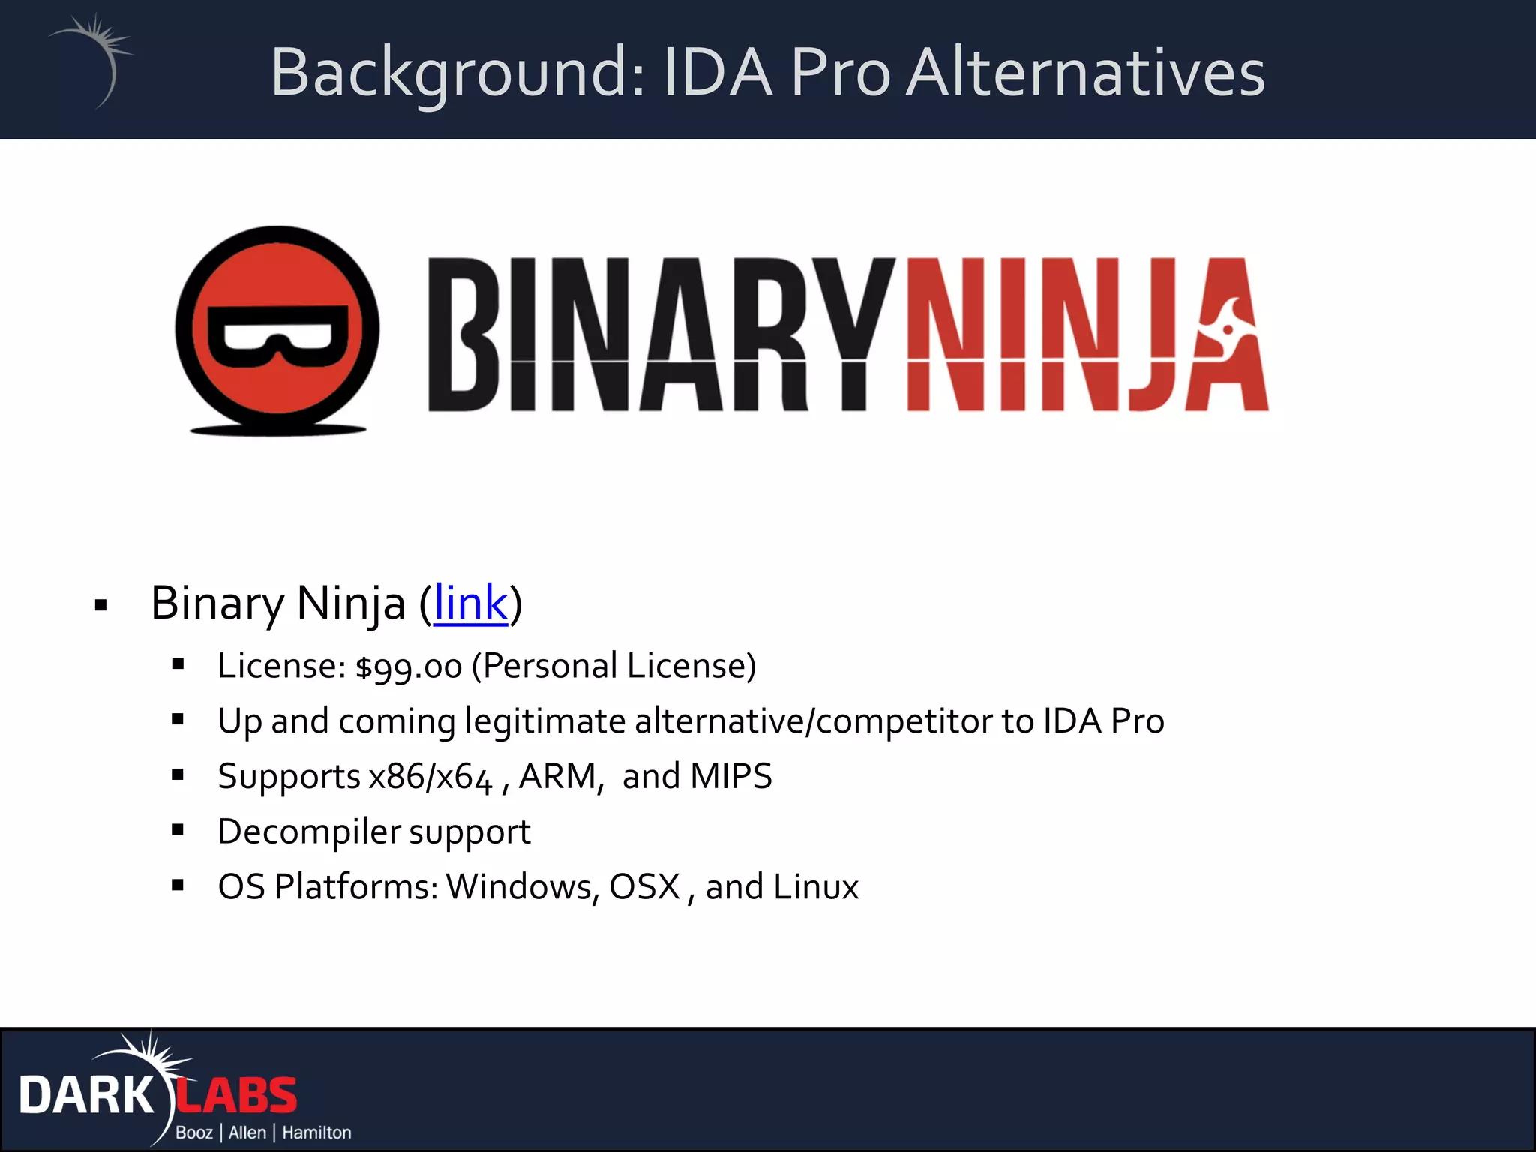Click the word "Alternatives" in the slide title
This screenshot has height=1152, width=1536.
coord(1085,73)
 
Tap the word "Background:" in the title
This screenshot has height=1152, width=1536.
coord(457,73)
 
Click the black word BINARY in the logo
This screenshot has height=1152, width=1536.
coord(660,334)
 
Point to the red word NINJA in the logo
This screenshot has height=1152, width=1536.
coord(1087,334)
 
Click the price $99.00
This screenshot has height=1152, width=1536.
coord(409,667)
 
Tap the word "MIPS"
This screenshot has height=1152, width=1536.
coord(730,776)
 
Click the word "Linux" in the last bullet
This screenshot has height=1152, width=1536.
coord(816,887)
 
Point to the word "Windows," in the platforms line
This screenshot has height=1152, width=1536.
coord(523,887)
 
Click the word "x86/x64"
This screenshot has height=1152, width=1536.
coord(430,776)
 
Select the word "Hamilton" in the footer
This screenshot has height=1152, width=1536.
coord(316,1132)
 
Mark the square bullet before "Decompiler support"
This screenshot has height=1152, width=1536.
coord(178,829)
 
